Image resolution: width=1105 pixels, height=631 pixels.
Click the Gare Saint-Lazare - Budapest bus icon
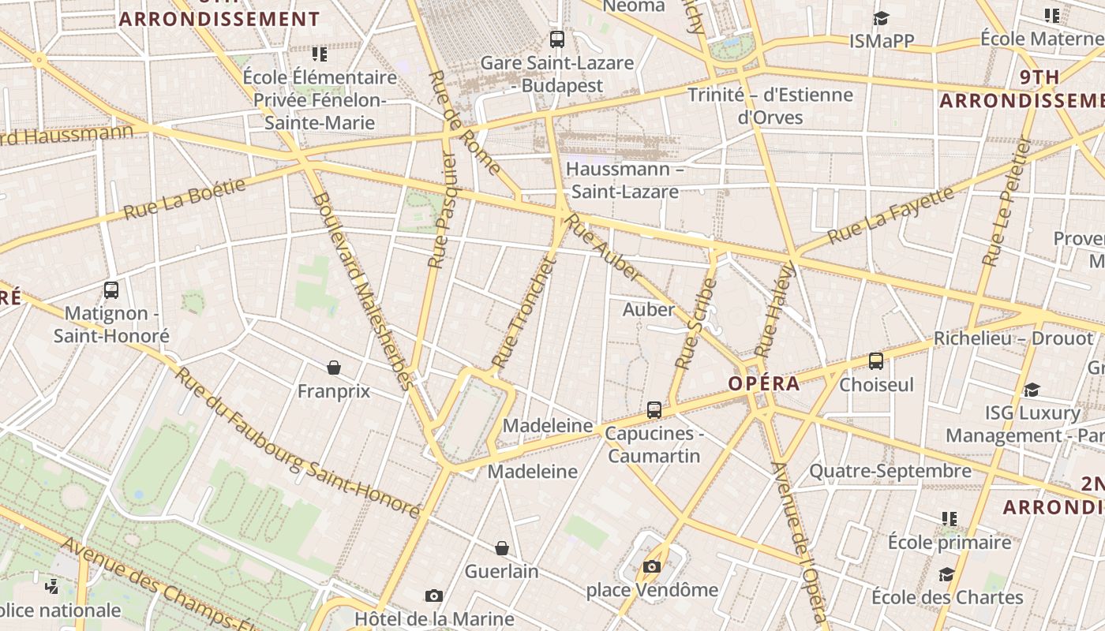557,39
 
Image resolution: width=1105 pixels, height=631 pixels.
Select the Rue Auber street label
605,248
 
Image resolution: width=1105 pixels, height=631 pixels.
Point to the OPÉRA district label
764,384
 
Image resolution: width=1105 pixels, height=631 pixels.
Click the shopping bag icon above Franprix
334,368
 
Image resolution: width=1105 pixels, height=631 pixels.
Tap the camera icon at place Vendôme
651,566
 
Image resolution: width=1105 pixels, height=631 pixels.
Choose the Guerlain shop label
502,571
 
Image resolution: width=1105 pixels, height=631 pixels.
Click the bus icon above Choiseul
876,361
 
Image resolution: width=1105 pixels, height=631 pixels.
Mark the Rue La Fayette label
890,214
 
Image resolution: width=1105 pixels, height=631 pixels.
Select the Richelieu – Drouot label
1013,338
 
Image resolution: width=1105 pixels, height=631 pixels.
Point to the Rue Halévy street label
773,309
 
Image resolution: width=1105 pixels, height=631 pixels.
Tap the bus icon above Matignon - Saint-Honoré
111,290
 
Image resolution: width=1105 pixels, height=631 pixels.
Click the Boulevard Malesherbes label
362,292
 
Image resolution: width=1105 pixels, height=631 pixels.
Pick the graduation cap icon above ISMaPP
881,18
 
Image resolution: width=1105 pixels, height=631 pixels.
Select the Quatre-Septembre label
890,471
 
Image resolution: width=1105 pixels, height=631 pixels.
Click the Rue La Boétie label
185,198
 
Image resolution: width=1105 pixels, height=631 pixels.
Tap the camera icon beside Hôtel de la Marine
433,596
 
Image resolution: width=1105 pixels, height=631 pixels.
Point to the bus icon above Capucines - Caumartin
654,410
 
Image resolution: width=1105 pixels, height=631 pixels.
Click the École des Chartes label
947,597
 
